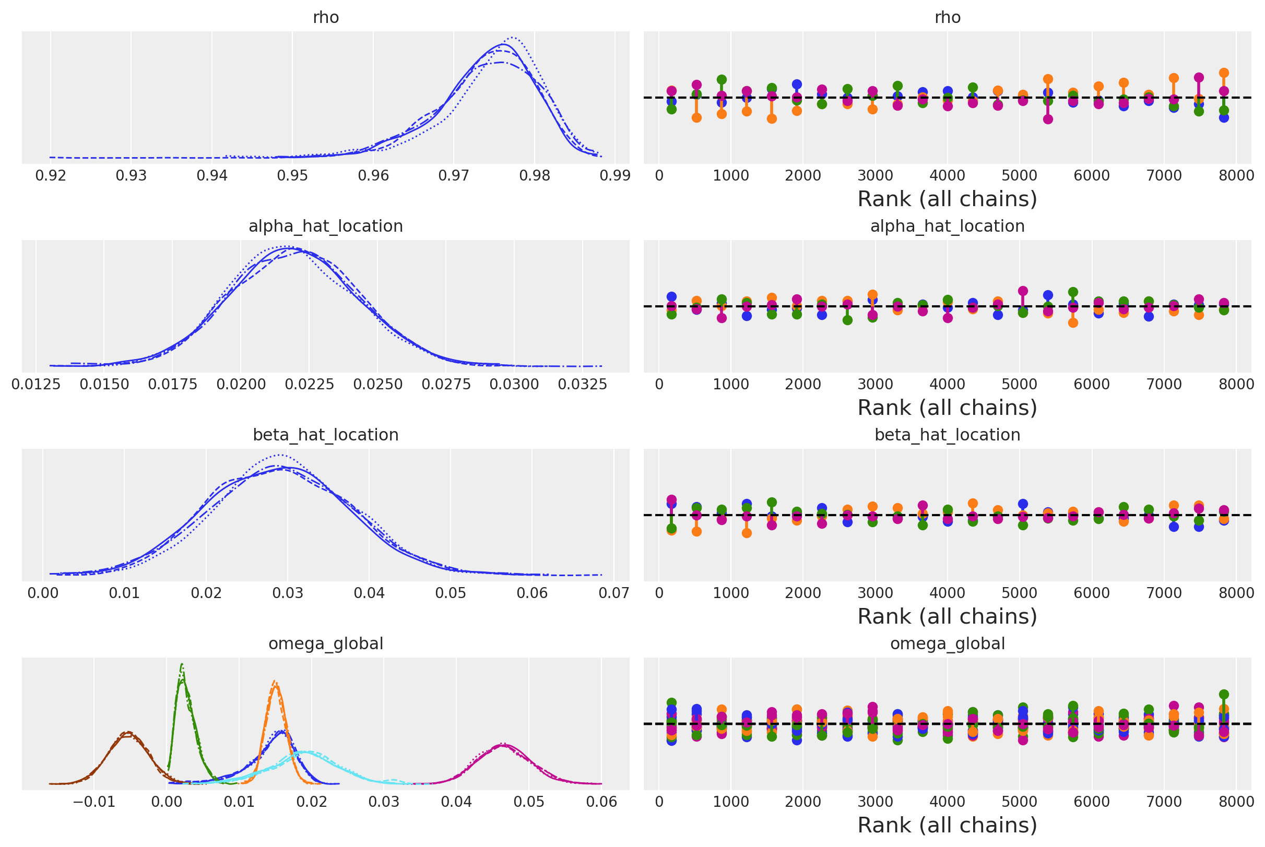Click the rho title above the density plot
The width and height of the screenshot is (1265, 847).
point(326,17)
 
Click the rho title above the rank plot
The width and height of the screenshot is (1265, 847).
point(947,17)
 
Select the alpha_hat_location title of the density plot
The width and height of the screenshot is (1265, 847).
point(326,226)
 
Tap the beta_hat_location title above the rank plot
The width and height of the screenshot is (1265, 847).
point(947,435)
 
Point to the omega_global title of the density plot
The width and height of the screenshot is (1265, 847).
point(326,643)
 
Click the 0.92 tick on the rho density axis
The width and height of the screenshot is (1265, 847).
point(51,175)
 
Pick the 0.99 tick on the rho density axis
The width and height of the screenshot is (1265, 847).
point(615,175)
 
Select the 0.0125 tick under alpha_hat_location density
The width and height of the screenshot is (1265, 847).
point(36,384)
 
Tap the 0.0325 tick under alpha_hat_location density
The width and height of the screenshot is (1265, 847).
point(583,384)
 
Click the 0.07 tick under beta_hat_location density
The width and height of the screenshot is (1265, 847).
point(614,593)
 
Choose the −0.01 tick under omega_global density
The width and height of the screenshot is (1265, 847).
point(94,802)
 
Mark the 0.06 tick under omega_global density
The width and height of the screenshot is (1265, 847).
point(602,802)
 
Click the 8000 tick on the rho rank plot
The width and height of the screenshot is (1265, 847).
point(1236,175)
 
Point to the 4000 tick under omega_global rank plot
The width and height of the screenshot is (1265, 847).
point(947,802)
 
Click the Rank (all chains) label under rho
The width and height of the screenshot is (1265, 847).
point(947,199)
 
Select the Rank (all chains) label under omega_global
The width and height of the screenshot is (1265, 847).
point(947,825)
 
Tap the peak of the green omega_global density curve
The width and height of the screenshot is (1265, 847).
point(182,664)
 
